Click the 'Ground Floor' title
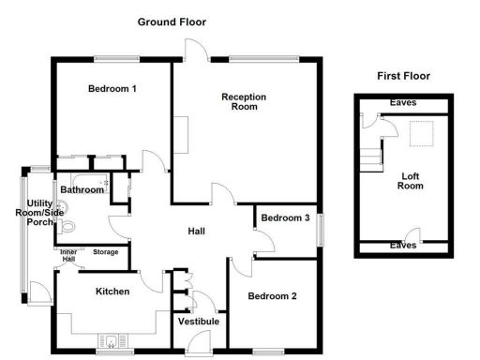click(172, 22)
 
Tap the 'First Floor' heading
click(403, 75)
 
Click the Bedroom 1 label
click(112, 90)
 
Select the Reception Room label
click(244, 101)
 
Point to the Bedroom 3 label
click(285, 218)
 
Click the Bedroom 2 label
click(272, 296)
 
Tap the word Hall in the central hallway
click(197, 232)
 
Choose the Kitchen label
click(112, 292)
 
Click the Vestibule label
click(199, 322)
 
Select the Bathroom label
click(82, 190)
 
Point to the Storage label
click(106, 251)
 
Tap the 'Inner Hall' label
click(69, 255)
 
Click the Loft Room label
click(411, 181)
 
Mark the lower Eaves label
click(404, 246)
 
